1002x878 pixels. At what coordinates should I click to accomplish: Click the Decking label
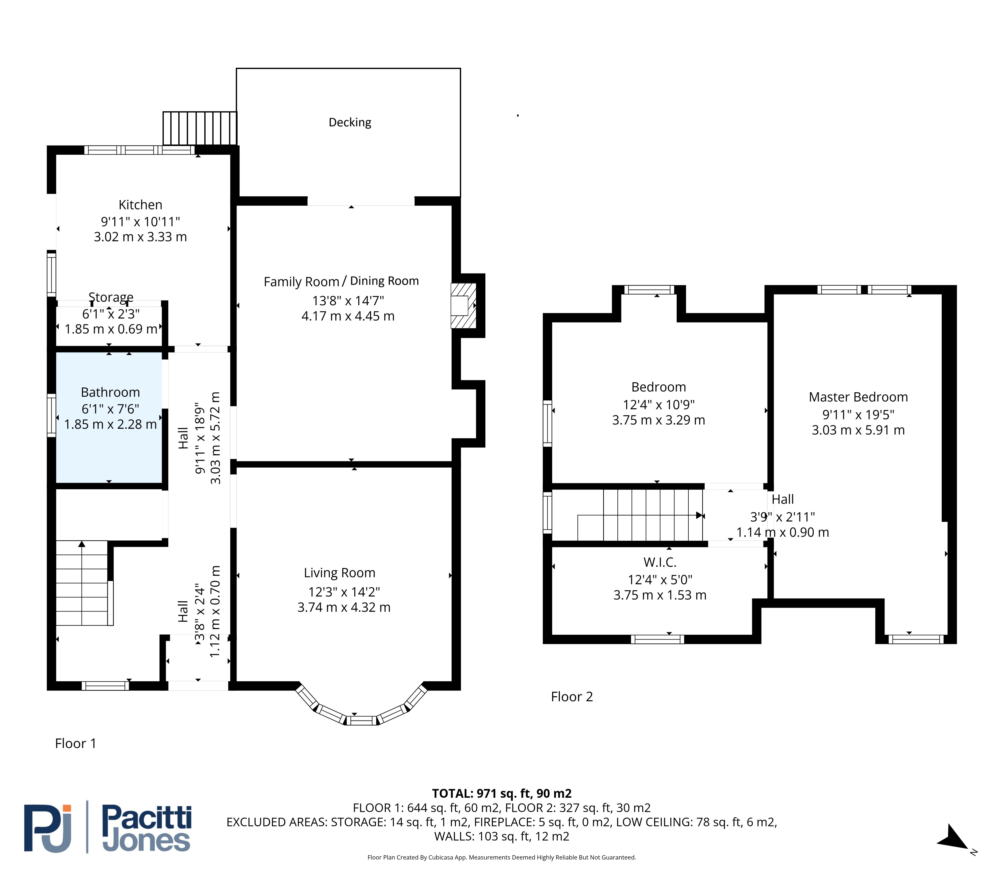[x=350, y=122]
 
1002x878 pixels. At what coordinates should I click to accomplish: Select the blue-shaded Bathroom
[x=109, y=417]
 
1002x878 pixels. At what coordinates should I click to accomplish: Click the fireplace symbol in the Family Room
[x=463, y=306]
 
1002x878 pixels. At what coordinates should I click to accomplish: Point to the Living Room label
[x=340, y=573]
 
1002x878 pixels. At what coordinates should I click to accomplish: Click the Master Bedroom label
[x=858, y=397]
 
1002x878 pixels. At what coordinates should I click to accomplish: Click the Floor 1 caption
[x=76, y=743]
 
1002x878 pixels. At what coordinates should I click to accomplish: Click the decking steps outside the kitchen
[x=200, y=128]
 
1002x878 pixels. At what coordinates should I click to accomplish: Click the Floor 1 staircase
[x=82, y=583]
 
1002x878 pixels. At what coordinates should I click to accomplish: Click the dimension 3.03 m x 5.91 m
[x=858, y=430]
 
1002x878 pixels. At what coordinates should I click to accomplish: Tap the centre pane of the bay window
[x=361, y=720]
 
